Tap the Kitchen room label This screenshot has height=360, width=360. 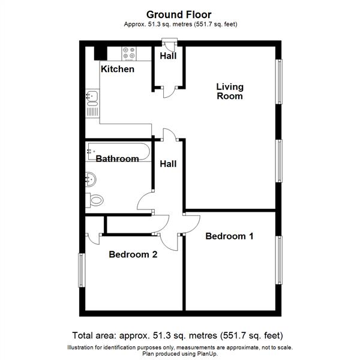point(117,69)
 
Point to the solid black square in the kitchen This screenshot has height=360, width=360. point(101,52)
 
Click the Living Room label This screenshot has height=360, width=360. point(230,91)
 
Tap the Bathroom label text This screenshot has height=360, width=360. point(118,159)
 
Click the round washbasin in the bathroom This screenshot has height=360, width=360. point(91,178)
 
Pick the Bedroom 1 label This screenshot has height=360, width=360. point(229,236)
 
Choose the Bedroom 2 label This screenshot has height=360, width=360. point(133,254)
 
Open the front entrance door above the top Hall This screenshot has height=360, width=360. point(169,45)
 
